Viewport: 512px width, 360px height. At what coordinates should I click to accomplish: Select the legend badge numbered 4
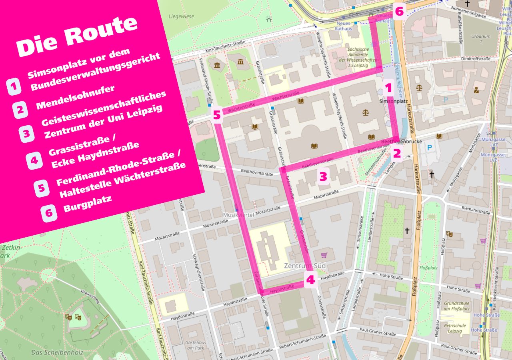34,160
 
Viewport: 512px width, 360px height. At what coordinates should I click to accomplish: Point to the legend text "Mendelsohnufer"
76,97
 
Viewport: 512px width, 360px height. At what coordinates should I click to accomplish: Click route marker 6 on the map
399,11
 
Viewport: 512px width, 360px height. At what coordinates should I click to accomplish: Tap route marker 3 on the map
323,176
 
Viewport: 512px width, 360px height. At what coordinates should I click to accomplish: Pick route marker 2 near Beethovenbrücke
397,154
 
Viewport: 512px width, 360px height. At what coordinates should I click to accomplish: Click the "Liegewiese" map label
181,17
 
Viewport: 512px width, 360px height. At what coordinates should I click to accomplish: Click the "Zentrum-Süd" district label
305,266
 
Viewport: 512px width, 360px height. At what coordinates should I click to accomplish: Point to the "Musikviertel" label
239,215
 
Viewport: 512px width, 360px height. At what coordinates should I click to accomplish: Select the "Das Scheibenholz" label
52,353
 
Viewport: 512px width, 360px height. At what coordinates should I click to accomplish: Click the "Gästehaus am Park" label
196,345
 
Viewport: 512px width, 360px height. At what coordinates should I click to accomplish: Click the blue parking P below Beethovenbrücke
430,148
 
